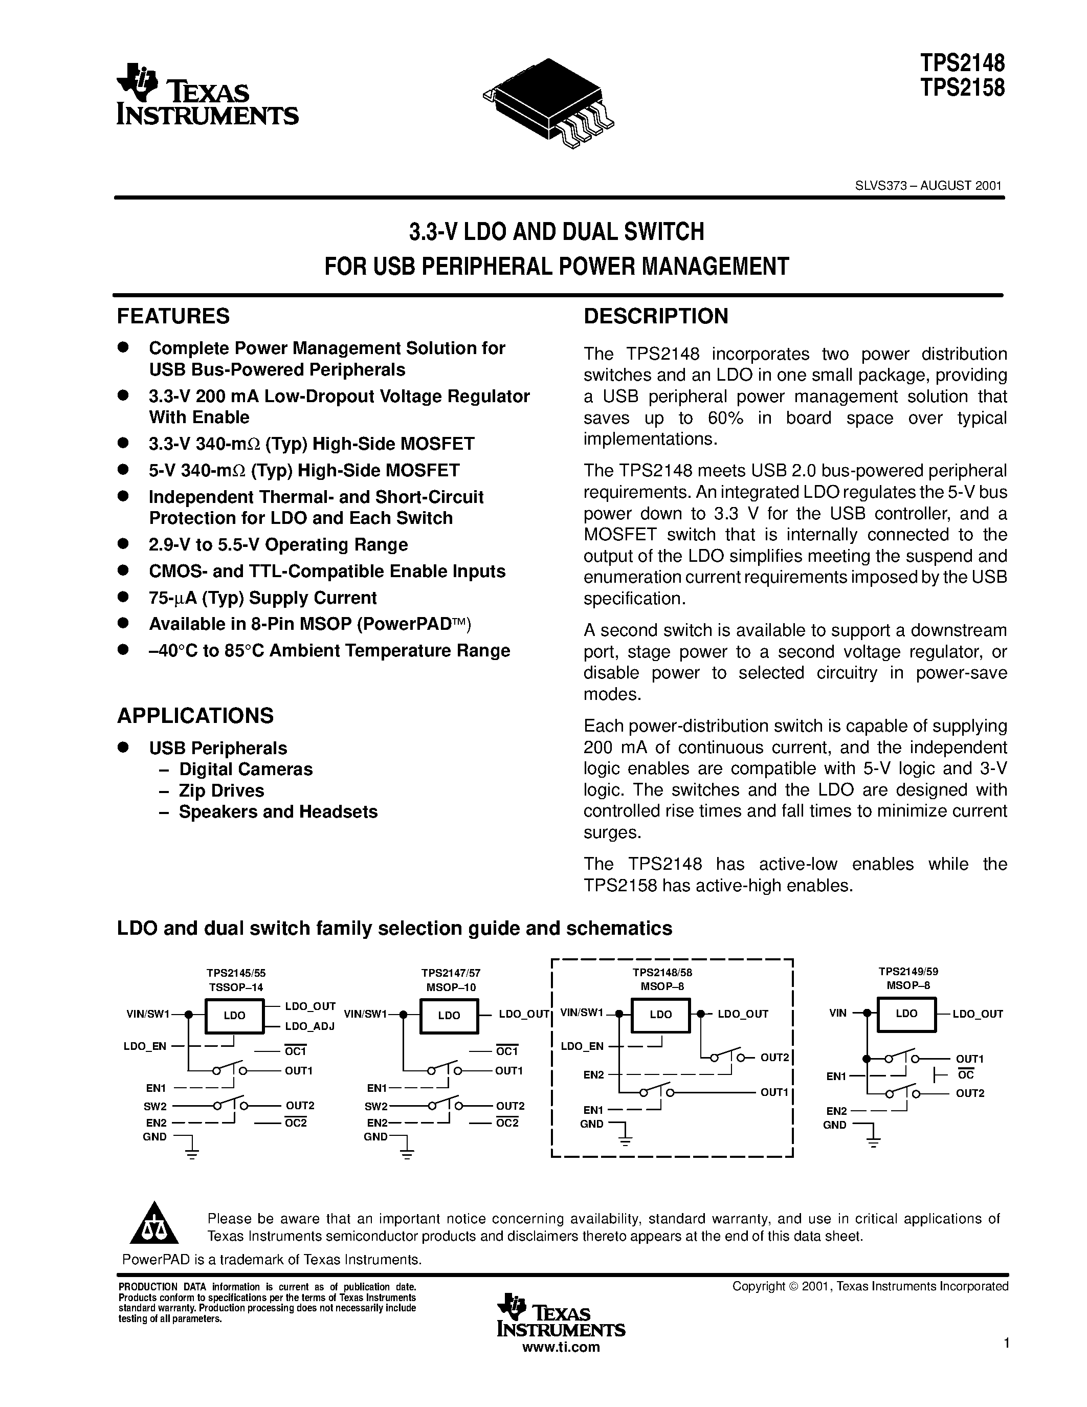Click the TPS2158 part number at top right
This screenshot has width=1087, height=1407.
coord(962,87)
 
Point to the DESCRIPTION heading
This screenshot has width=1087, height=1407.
coord(656,316)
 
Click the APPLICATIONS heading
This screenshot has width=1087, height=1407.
coord(195,716)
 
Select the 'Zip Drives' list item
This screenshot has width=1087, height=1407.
coord(221,790)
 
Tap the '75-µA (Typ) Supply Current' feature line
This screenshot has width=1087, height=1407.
coord(262,598)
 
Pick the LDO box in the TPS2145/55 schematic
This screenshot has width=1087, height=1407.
coord(234,1015)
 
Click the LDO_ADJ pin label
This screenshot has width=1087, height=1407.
coord(310,1026)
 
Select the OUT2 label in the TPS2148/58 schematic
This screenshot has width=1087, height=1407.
coord(774,1057)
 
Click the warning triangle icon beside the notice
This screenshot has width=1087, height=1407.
coord(154,1223)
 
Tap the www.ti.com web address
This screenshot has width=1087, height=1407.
coord(560,1347)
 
